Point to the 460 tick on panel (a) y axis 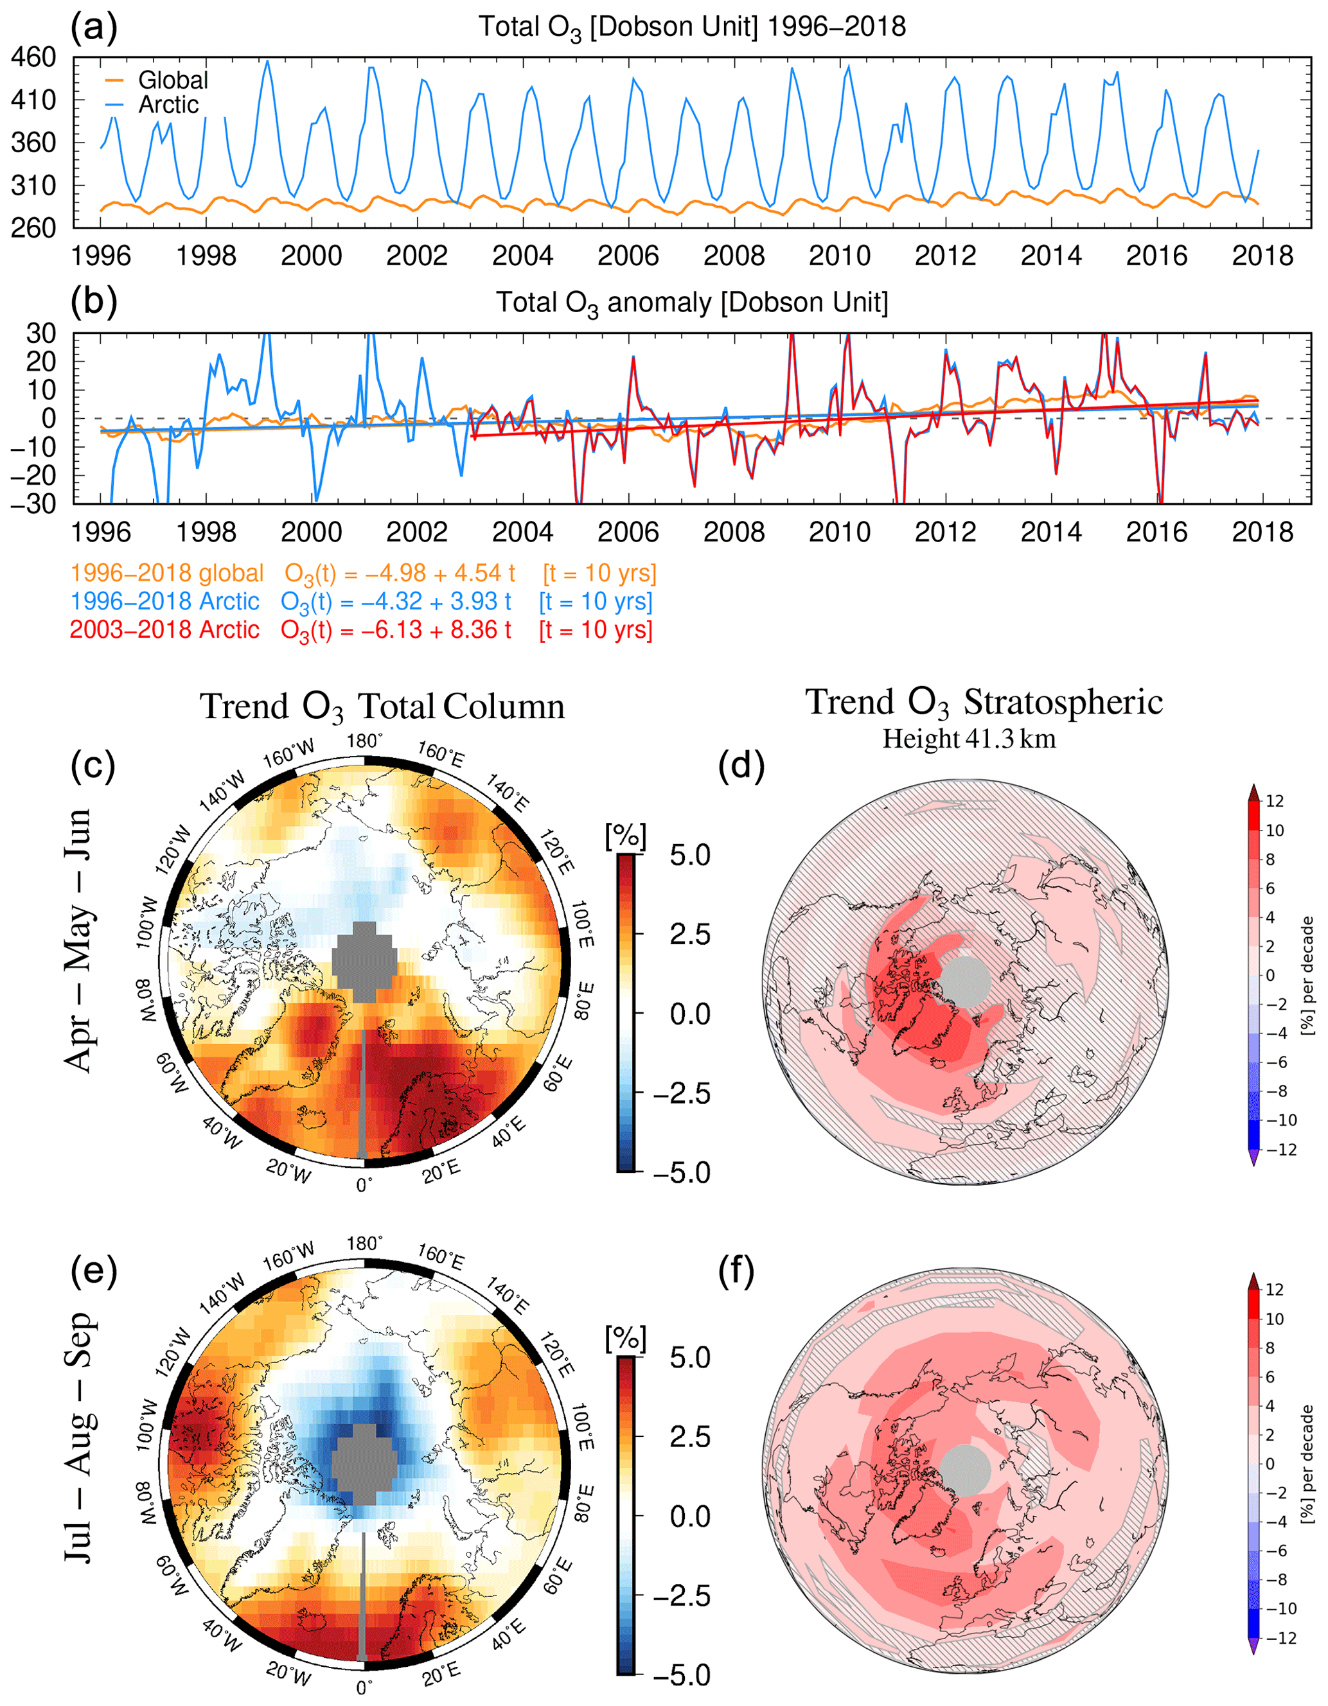(33, 57)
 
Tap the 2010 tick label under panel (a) (839, 256)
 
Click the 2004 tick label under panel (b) (522, 532)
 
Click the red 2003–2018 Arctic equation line (361, 630)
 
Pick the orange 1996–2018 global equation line (363, 574)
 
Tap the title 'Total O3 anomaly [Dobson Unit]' (692, 303)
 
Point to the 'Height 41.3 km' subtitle (969, 738)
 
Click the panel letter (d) (741, 766)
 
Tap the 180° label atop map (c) (365, 741)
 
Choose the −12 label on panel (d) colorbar (1280, 1149)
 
